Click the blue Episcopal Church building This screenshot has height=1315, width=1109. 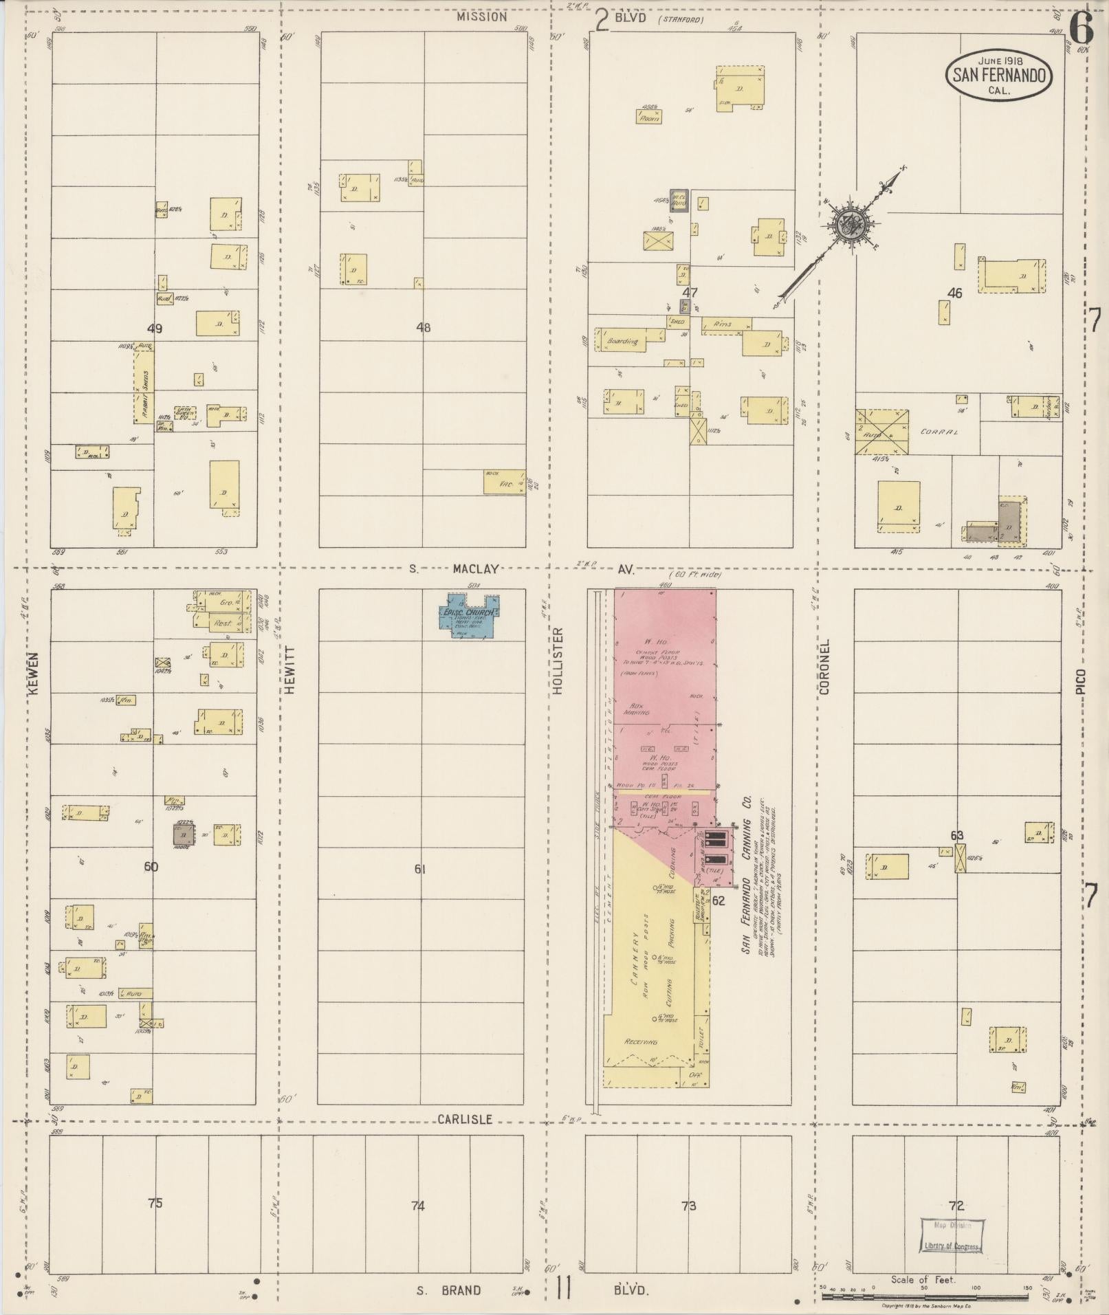470,615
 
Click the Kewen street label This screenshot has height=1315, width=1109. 34,673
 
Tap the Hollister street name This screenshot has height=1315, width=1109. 558,660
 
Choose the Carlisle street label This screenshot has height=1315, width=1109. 465,1120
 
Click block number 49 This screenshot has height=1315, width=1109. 155,329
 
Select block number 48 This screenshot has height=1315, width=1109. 424,327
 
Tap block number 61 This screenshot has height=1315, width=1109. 420,869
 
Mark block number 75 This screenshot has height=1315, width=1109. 155,1203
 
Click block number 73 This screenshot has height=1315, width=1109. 689,1205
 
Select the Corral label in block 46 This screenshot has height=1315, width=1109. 940,432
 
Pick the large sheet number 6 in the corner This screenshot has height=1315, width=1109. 1081,29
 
